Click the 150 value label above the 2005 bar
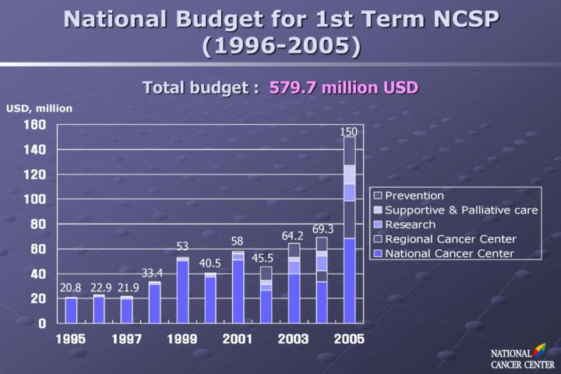pos(348,132)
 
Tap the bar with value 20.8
pos(71,309)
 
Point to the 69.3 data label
pos(323,229)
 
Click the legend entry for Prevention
pos(414,196)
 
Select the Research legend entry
pos(410,224)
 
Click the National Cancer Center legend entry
pos(449,253)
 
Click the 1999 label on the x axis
pos(182,339)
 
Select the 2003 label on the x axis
pos(293,339)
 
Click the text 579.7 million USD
pos(344,86)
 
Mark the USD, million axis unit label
pos(39,108)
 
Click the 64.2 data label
pos(292,235)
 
